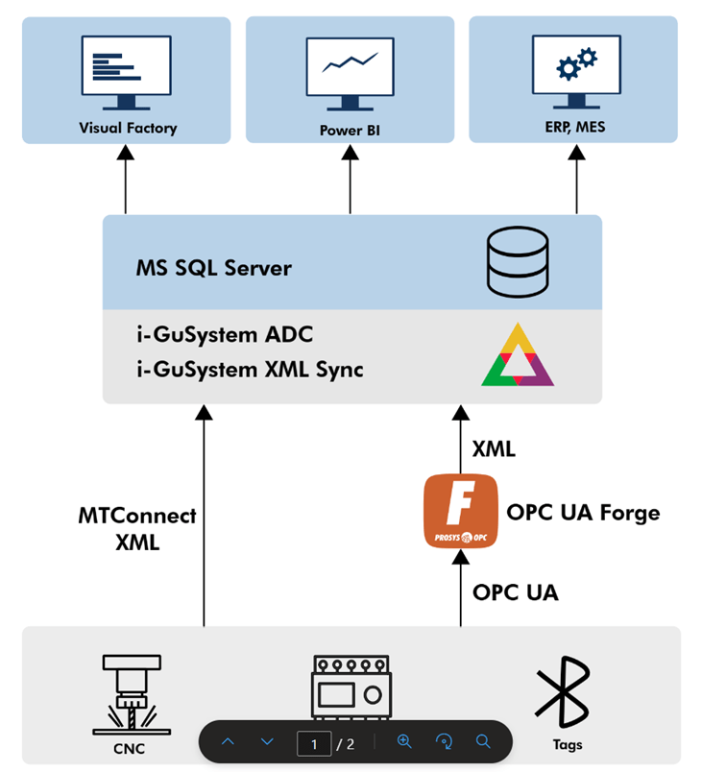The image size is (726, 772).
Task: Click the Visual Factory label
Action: tap(128, 128)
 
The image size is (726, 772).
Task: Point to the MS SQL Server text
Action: tap(213, 267)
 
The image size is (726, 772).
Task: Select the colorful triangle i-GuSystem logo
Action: tap(518, 354)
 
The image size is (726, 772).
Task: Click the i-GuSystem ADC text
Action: tap(224, 335)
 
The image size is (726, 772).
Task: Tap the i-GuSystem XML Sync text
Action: tap(249, 368)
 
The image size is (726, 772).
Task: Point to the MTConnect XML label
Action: tap(137, 528)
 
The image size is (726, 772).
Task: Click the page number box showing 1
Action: tap(313, 742)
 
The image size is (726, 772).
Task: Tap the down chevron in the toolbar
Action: tap(267, 742)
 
